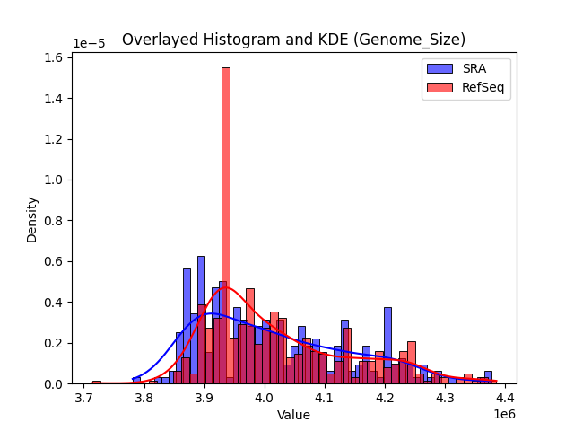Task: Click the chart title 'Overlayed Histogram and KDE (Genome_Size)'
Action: point(293,40)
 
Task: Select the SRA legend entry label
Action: point(474,68)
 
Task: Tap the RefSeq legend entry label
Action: point(482,86)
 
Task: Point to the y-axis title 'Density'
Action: point(32,219)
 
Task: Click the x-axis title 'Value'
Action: point(293,416)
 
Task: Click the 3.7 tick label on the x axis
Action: point(84,398)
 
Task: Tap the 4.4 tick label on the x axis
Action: point(504,398)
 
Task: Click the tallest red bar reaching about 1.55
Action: point(226,224)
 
